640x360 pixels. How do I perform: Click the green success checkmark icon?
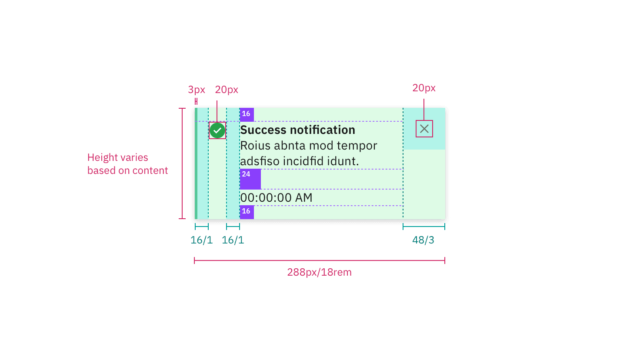[217, 130]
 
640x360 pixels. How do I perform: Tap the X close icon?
[424, 129]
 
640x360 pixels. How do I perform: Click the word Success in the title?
[263, 130]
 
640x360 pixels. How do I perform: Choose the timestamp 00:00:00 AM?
[276, 198]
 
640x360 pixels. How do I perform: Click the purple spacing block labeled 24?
[250, 179]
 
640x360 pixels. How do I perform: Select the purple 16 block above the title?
[247, 114]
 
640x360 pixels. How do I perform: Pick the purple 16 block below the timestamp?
[247, 212]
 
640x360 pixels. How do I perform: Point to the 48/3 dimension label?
[423, 240]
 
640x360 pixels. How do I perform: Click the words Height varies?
[118, 157]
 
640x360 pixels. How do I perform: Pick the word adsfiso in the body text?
[260, 161]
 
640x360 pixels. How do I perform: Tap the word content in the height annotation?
[150, 170]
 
